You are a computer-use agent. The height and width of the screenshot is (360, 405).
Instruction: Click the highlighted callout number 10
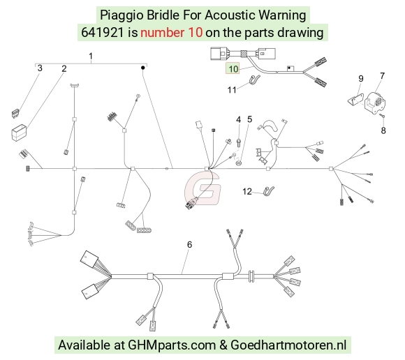[x=233, y=68]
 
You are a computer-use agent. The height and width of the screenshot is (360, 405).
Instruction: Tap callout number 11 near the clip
[x=232, y=90]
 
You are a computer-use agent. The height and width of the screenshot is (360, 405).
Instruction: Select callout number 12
[x=247, y=191]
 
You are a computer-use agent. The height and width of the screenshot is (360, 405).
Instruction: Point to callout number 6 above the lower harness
[x=189, y=244]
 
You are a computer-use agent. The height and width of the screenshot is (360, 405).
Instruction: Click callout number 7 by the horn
[x=382, y=76]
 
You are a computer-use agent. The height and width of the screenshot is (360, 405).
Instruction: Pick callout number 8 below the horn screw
[x=383, y=130]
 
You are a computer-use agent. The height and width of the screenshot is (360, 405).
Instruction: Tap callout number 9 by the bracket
[x=361, y=78]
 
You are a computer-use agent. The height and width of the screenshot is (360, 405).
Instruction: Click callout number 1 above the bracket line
[x=91, y=56]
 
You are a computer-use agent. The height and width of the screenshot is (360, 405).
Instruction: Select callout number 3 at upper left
[x=40, y=68]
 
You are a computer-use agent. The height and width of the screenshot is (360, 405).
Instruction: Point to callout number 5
[x=249, y=119]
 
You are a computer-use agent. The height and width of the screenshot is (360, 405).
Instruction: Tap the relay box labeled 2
[x=19, y=133]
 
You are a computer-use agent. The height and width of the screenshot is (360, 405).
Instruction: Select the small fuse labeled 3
[x=16, y=114]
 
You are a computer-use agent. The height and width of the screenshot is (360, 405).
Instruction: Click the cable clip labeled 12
[x=269, y=191]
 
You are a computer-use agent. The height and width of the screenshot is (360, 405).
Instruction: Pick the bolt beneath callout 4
[x=238, y=142]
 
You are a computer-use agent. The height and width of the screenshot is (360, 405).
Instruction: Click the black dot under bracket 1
[x=142, y=68]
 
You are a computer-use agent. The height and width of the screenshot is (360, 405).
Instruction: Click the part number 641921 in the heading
[x=103, y=33]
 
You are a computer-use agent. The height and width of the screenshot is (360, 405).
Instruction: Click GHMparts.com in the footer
[x=172, y=345]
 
